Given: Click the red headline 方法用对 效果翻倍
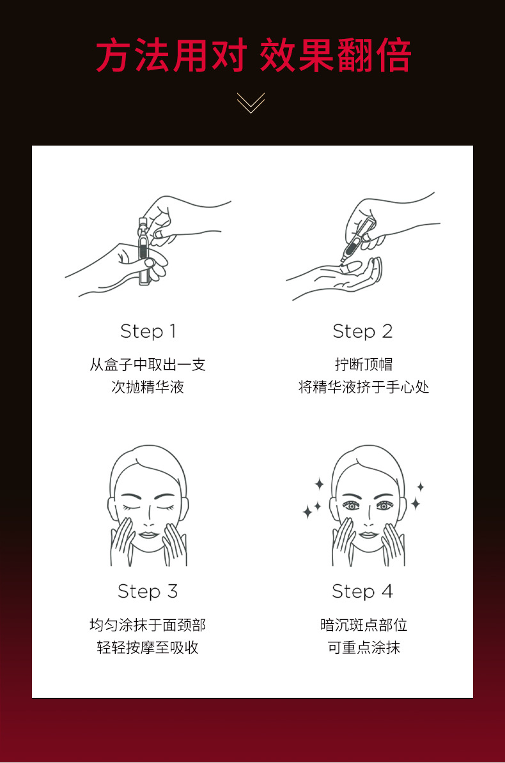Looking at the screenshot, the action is point(253,56).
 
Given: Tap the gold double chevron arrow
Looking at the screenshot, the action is point(251,103).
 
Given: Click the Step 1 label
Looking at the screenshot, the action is point(148,332).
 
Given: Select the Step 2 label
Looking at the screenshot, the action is point(362,332).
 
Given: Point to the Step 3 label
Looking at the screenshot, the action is point(148,592).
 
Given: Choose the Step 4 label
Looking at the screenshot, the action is point(362,592).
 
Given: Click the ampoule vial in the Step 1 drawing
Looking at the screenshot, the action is point(144,251).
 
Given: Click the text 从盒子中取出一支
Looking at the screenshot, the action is point(148,365).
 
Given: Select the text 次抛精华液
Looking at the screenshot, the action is point(148,388).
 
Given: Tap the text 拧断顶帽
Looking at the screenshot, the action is point(363,365).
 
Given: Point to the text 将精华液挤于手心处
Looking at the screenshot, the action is point(363,388).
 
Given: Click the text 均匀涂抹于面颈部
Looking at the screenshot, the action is point(148,625).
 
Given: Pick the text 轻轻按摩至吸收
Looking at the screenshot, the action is point(148,647).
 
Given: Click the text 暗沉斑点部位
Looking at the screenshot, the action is point(363,625).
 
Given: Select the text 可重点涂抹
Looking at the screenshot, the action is point(363,647).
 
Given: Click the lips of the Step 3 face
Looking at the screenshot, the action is point(148,535).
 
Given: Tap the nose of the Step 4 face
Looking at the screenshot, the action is point(369,520).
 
